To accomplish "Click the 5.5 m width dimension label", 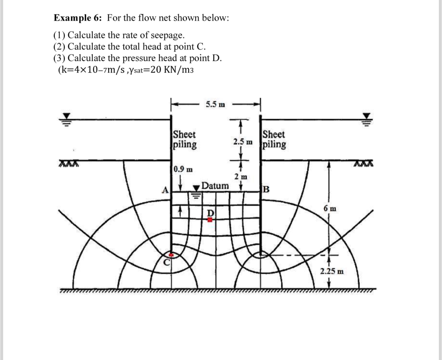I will tap(215, 104).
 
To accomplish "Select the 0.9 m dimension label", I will tap(183, 169).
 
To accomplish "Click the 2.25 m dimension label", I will tap(332, 271).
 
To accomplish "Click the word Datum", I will tap(215, 186).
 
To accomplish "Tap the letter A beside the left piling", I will tap(166, 190).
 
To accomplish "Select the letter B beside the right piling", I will tap(266, 189).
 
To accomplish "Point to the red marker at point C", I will tap(171, 255).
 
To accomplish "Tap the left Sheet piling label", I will tap(184, 139).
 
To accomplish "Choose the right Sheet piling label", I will tap(274, 139).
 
